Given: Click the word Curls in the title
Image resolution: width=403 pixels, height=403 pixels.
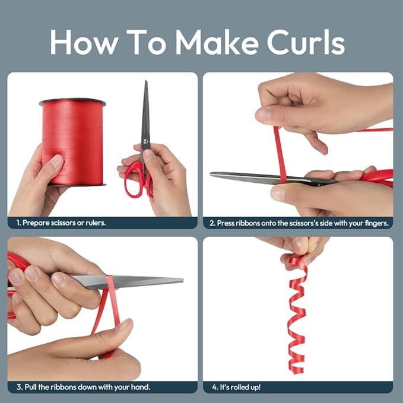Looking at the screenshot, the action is point(306,42).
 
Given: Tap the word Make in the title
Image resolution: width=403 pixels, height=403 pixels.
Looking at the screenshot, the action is point(217,42).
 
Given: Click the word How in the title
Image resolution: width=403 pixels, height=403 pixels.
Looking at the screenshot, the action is point(84,42).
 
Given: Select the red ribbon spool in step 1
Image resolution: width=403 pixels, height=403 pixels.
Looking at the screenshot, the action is point(72,142).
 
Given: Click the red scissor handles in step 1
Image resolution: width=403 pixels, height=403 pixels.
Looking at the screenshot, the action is point(138,180).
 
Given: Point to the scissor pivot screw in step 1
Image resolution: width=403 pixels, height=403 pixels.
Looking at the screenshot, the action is point(145,141).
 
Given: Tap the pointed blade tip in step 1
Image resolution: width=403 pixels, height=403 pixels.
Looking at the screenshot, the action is point(146,81).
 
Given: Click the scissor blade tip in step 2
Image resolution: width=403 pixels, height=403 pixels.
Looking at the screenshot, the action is point(211,174).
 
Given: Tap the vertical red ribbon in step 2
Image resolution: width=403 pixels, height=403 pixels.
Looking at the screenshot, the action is point(280,154).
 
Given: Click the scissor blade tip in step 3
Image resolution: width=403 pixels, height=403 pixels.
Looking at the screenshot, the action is point(182,280).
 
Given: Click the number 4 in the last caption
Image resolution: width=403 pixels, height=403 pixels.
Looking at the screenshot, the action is point(214,387).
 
